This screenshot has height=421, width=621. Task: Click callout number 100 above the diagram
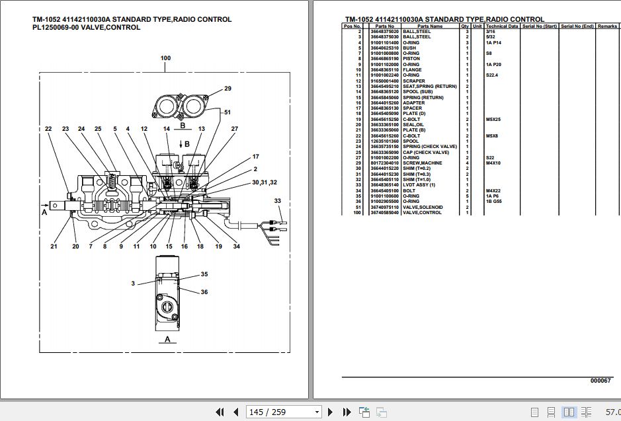pos(165,58)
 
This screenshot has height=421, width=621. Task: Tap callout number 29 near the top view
pos(228,89)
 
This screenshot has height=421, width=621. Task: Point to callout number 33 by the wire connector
pos(278,200)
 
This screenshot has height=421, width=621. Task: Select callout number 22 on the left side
pos(48,128)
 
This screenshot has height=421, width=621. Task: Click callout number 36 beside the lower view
pos(204,292)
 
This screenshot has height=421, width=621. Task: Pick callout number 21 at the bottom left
pos(54,247)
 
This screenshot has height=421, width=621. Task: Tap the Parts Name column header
pos(430,26)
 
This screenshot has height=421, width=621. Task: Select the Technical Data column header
pos(502,26)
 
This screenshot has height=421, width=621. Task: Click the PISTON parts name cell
pos(411,59)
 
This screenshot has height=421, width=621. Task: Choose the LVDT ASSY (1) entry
pos(419,184)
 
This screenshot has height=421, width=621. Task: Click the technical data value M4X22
pos(493,190)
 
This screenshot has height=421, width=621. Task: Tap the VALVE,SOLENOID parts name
pos(423,207)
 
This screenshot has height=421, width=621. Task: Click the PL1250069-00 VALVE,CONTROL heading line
pos(86,28)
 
